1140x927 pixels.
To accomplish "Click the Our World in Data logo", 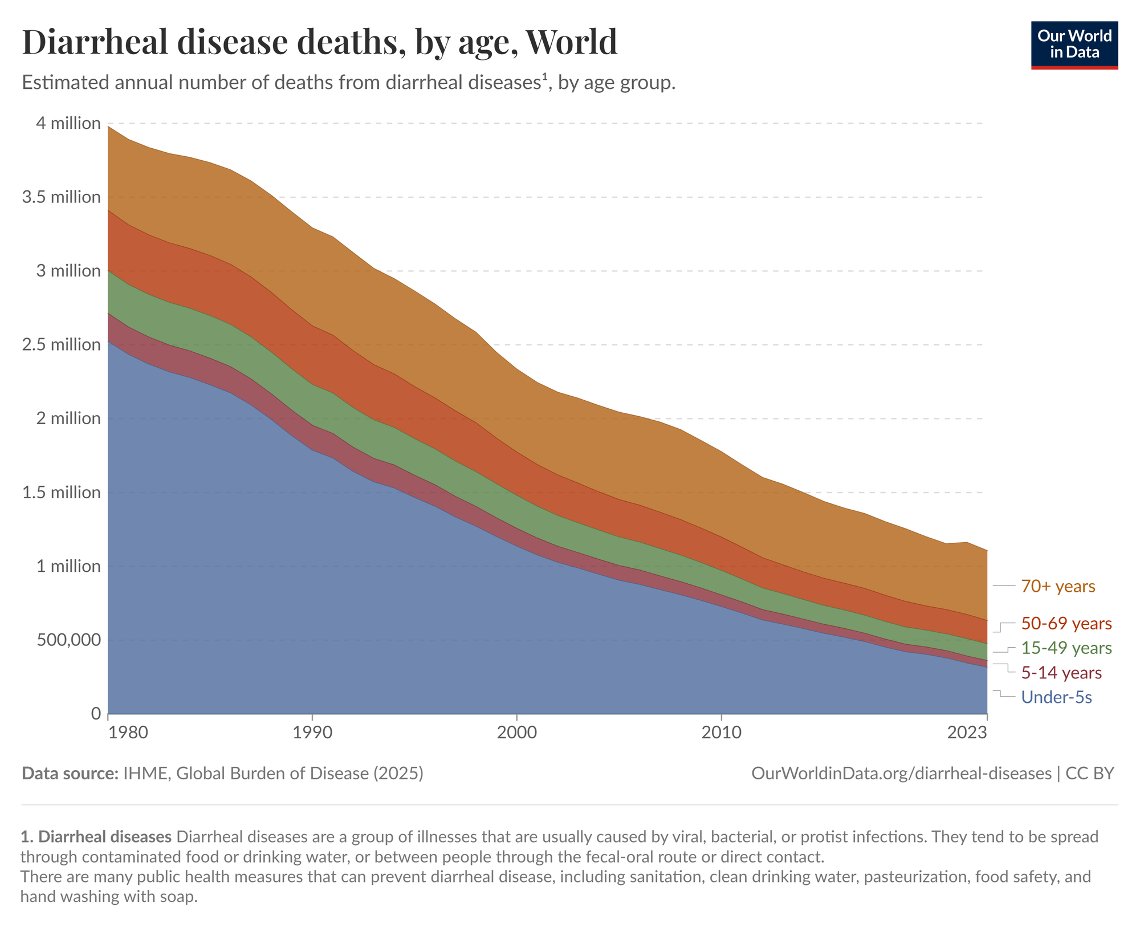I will click(1074, 45).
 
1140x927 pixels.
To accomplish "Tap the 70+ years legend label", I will click(1058, 586).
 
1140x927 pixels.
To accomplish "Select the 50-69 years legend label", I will click(1066, 624).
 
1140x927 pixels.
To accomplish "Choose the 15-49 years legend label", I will click(1066, 648).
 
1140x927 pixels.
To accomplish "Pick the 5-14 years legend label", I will click(1061, 673).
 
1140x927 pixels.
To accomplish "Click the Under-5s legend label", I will click(1056, 697).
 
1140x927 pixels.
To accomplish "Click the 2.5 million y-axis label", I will click(62, 345).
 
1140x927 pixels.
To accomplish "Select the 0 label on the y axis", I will click(96, 714).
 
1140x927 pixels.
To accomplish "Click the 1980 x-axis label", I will click(108, 733).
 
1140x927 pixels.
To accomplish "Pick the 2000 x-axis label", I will click(516, 733).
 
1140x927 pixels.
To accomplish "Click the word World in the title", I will click(571, 42).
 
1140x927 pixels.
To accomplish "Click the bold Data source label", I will click(70, 774).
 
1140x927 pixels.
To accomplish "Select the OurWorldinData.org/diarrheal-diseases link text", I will click(901, 774).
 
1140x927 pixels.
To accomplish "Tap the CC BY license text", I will click(1090, 774).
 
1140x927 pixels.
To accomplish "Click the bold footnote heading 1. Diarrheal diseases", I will click(96, 837).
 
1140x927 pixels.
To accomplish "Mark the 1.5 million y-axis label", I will click(62, 493).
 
